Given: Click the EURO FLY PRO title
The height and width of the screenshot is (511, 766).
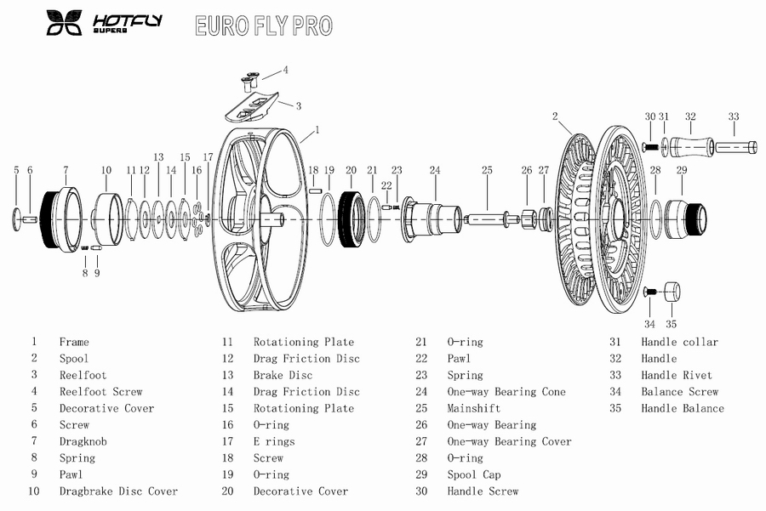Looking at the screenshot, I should [x=263, y=26].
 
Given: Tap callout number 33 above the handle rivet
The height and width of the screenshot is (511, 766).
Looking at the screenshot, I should [x=734, y=116].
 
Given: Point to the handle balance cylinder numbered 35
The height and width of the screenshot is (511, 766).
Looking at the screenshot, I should [x=672, y=292].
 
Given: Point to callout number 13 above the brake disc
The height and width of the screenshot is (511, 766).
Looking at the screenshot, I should [x=158, y=157].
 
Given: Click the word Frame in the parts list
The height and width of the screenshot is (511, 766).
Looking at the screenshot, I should [x=74, y=342].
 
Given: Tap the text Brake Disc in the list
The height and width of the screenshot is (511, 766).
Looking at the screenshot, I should [x=283, y=375].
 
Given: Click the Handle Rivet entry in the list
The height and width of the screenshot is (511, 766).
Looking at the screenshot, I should [x=677, y=375].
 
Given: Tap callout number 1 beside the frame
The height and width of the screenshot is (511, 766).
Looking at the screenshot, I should [x=317, y=130].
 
